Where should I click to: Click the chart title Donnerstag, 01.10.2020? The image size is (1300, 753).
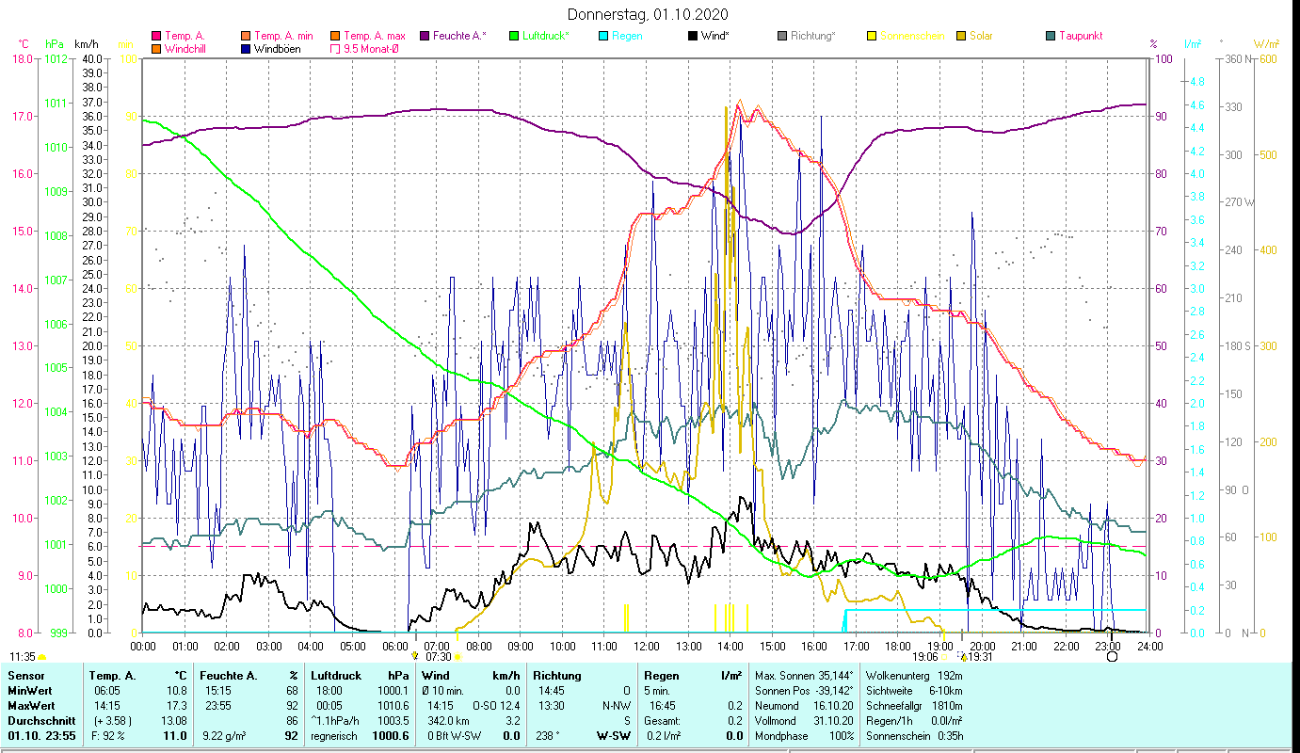coord(648,15)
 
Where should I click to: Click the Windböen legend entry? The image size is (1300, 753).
coord(278,49)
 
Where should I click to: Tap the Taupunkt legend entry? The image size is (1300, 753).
coord(1080,36)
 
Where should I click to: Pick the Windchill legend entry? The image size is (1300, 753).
coord(186,49)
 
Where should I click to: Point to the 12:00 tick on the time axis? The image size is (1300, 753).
coord(647,647)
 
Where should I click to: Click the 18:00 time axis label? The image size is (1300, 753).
coord(898,647)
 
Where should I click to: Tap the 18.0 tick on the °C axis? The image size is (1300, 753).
coord(22,59)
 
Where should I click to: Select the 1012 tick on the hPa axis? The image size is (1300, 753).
coord(56,59)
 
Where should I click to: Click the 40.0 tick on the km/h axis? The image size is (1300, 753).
coord(92,59)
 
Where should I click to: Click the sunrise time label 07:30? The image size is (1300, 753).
coord(439,657)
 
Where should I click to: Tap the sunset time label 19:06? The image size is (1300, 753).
coord(925,657)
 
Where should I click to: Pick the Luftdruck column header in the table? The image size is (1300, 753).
coord(336,676)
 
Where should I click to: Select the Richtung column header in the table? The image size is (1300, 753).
coord(557,676)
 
